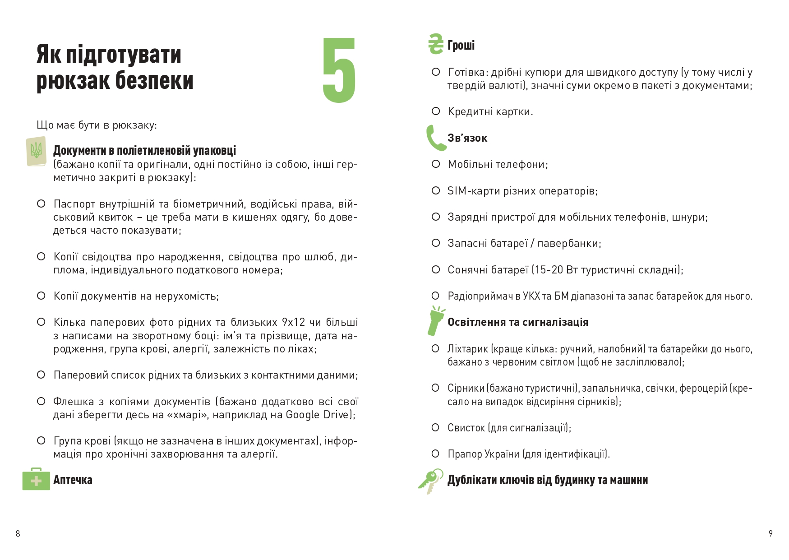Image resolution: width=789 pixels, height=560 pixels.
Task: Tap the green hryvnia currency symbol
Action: (x=436, y=44)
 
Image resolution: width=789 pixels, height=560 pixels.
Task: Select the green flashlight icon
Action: (x=435, y=321)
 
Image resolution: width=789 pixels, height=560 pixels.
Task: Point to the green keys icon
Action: (x=430, y=481)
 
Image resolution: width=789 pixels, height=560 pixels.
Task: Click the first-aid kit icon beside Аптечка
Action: (x=36, y=479)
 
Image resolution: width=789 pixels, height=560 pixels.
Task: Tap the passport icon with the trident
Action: (x=36, y=151)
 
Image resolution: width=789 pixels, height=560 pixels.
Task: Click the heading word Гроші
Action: (x=461, y=45)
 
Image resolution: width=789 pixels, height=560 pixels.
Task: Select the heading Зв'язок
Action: (x=467, y=138)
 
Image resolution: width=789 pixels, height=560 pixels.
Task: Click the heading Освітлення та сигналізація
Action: (x=518, y=322)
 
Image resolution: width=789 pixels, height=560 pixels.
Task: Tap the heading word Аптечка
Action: (x=73, y=480)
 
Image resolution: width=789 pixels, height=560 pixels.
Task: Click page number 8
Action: (x=18, y=533)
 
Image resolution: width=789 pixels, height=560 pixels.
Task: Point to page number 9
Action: (x=771, y=533)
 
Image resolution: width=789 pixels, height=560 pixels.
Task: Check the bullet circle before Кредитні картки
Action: (x=436, y=111)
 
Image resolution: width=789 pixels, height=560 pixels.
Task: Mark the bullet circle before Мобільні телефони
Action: (x=436, y=164)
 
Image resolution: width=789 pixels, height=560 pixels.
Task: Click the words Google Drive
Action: (x=318, y=415)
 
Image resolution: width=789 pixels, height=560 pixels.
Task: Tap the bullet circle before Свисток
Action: (x=435, y=427)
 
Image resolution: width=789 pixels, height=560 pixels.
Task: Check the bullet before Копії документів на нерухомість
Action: (x=41, y=296)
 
